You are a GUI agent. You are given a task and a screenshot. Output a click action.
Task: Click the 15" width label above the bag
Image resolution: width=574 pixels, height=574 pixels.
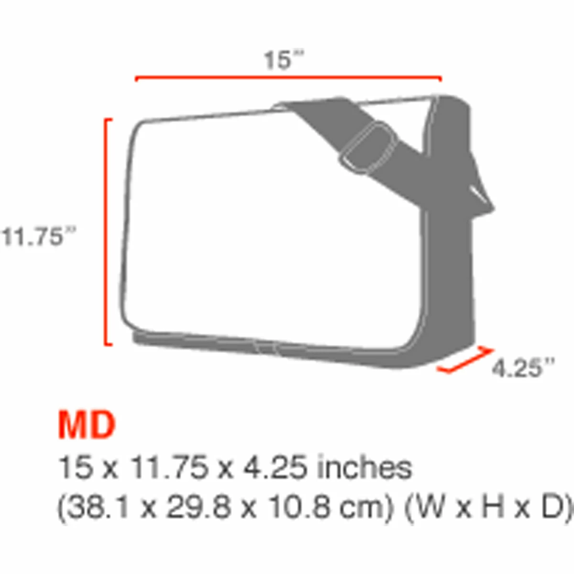[284, 60]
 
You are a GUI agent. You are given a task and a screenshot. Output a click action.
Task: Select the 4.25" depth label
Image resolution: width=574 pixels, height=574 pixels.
[523, 368]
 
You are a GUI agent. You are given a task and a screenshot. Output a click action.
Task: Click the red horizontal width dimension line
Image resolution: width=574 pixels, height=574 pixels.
[288, 77]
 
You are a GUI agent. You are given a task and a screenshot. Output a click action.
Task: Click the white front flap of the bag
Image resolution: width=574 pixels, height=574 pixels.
[268, 225]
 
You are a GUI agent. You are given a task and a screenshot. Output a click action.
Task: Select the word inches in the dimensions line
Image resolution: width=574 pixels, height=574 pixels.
[364, 468]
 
